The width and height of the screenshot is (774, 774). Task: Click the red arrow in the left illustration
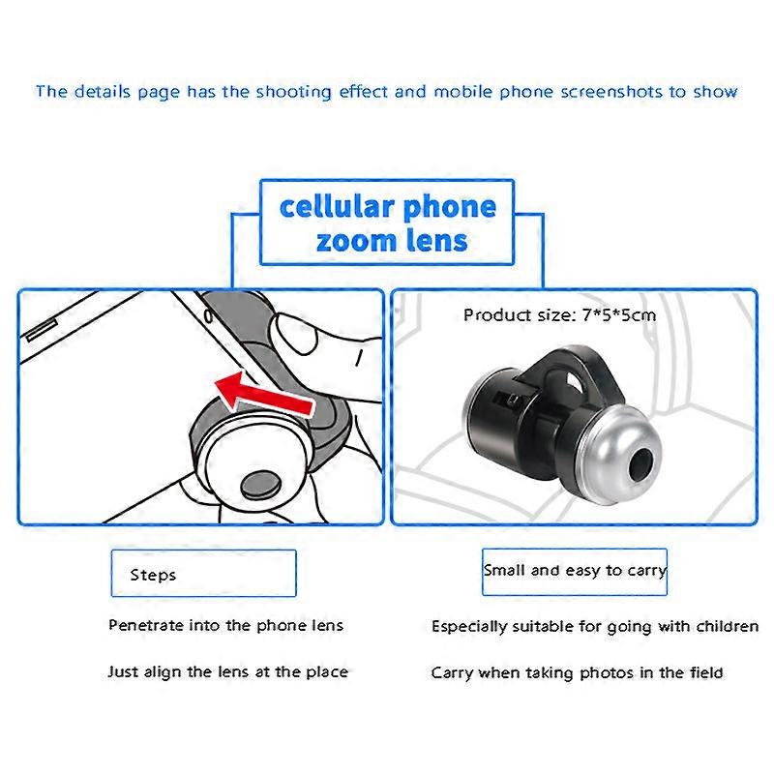(263, 394)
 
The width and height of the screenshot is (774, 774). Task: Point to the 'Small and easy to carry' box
(575, 570)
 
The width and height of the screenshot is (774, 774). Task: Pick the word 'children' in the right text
(725, 626)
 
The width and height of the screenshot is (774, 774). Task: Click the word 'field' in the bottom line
(702, 672)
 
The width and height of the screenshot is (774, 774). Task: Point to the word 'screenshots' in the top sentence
(588, 92)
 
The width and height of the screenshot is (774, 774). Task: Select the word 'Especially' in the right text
(470, 627)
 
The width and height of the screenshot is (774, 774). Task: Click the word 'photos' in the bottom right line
(607, 672)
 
